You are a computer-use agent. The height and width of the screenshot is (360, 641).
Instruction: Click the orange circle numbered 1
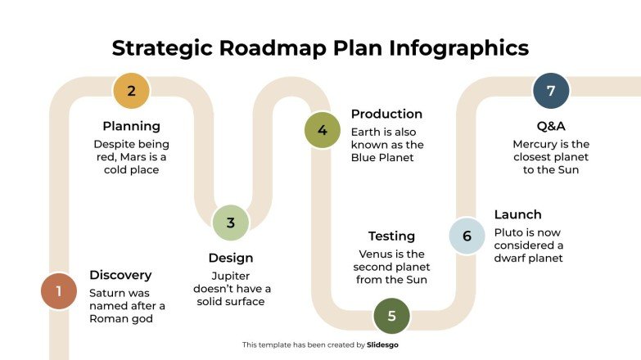[x=58, y=290]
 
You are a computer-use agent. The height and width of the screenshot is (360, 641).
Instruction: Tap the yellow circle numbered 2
[x=131, y=91]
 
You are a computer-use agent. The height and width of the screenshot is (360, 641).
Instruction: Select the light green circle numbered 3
[x=230, y=222]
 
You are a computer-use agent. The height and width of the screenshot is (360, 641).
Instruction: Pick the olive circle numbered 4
[x=322, y=130]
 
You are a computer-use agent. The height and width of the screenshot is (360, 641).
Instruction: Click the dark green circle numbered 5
[x=391, y=315]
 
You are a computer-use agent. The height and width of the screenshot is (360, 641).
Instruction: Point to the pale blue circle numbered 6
[x=467, y=236]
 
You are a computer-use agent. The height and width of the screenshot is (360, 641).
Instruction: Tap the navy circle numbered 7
[x=551, y=91]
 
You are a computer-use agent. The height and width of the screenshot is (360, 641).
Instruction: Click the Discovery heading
[x=120, y=275]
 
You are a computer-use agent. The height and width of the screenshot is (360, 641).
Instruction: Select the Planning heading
[x=131, y=126]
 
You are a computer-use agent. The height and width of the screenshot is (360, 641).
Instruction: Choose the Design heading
[x=230, y=258]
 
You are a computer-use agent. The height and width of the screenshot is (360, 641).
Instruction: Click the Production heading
[x=386, y=114]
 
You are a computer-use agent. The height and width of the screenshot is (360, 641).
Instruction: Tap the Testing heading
[x=391, y=236]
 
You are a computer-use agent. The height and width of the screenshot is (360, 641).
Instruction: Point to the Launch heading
[x=517, y=214]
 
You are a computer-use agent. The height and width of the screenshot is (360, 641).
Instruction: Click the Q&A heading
[x=551, y=126]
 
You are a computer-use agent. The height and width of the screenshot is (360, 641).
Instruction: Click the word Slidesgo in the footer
[x=382, y=345]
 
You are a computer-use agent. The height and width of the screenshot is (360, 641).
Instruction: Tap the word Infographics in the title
[x=458, y=47]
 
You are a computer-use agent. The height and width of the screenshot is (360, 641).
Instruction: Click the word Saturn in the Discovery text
[x=107, y=292]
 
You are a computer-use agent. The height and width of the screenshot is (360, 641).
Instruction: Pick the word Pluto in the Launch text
[x=508, y=232]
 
